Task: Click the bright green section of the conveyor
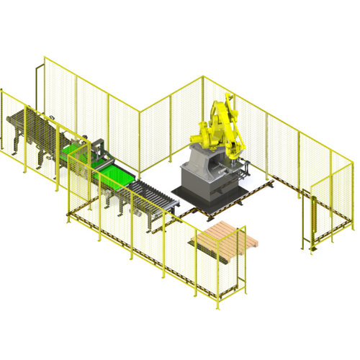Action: click(x=115, y=176)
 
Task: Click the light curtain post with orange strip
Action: click(x=315, y=220)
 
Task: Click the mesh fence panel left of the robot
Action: click(x=155, y=137)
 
